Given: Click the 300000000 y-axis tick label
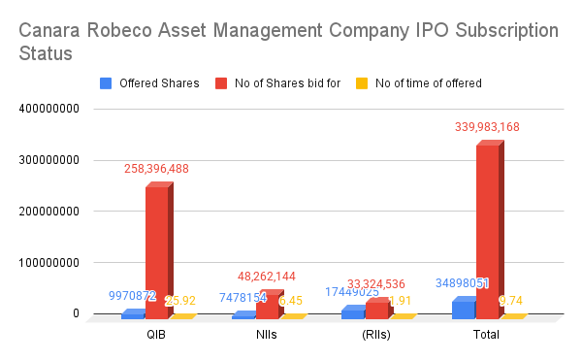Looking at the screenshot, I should [48, 160].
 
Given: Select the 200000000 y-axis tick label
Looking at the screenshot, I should [48, 212].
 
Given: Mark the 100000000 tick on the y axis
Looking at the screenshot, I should [48, 263].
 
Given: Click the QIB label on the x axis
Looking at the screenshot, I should [155, 335].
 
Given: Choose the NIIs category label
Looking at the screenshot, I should [266, 335].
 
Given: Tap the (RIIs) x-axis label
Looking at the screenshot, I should [375, 335].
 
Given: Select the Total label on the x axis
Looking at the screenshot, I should [485, 335].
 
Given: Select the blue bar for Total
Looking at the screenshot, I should [463, 309].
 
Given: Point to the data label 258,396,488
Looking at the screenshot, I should [170, 169].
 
